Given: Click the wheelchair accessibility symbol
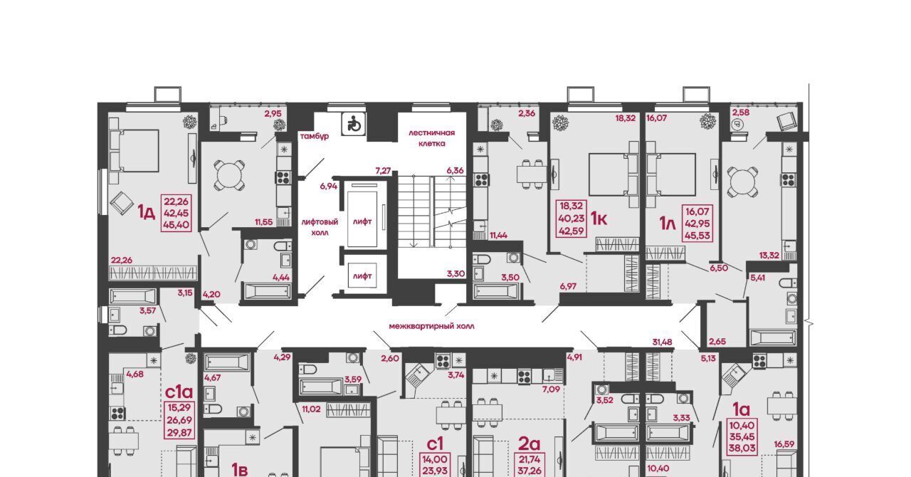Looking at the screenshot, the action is click(x=354, y=123).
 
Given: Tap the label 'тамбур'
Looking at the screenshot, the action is click(x=315, y=137).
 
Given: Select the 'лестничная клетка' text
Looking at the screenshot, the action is click(x=431, y=138).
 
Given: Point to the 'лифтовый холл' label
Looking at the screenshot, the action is click(x=320, y=227).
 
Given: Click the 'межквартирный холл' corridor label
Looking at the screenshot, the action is click(x=431, y=326).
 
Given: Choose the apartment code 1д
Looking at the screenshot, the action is click(x=147, y=212).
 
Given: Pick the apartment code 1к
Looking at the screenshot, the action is click(x=599, y=219).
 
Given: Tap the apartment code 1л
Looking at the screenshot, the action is click(x=667, y=223).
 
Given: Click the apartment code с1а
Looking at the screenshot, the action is click(x=179, y=392).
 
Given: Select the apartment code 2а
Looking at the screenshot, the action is click(x=529, y=444).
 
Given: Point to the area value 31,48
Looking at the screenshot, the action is click(x=662, y=342).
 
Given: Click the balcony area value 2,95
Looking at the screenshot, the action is click(x=273, y=113).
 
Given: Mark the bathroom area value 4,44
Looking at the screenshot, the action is click(x=281, y=278).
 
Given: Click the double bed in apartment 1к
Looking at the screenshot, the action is click(x=614, y=174).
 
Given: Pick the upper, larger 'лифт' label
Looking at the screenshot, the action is click(x=362, y=221).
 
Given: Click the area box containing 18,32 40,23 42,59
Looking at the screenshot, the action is click(x=572, y=219).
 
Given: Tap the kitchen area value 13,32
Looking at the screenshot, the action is click(x=769, y=256).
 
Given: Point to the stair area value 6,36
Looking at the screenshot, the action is click(x=455, y=171).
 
